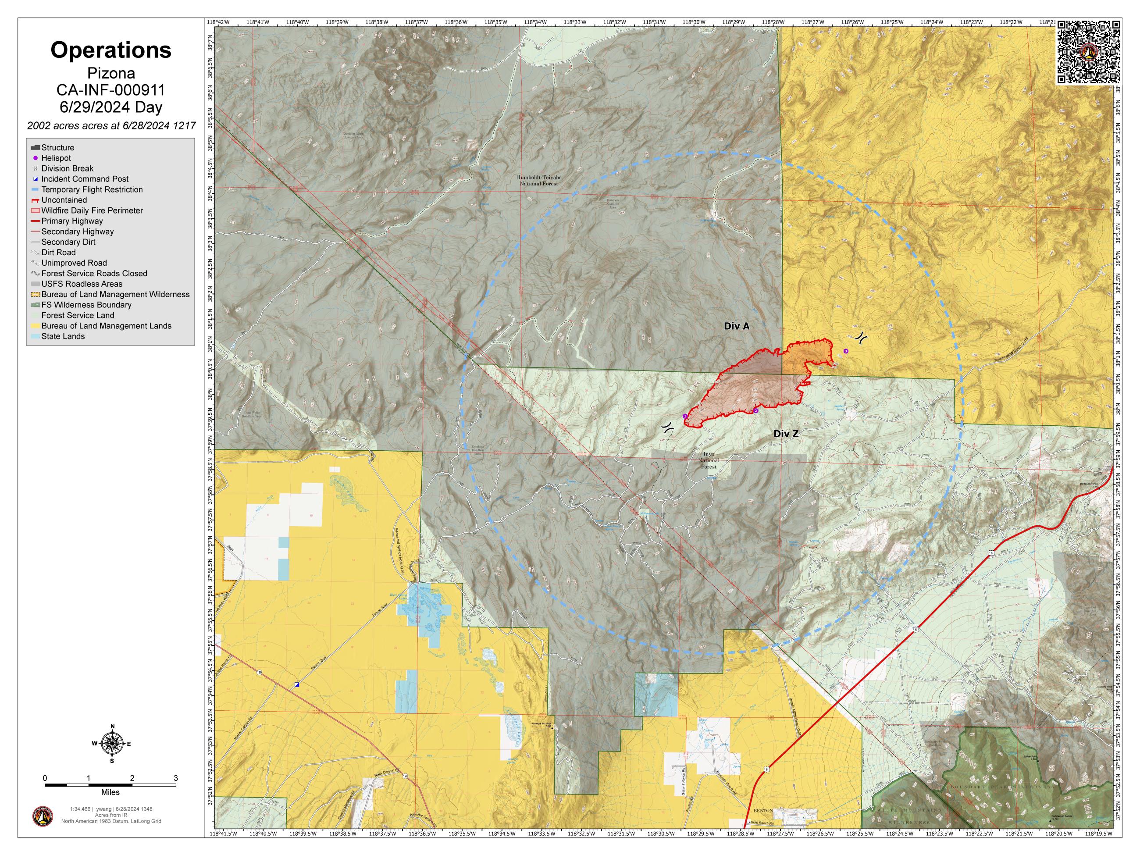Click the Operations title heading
coord(111,50)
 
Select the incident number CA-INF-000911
coord(111,90)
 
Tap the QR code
coord(1088,52)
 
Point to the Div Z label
coord(785,435)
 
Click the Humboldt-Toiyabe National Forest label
coord(538,180)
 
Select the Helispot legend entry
coord(56,158)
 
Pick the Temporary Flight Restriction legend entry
coord(92,190)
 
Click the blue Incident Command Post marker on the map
coord(297,684)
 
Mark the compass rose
coord(112,743)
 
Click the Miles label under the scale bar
coord(110,792)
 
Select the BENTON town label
coord(763,811)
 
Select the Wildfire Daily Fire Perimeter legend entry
coord(92,210)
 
